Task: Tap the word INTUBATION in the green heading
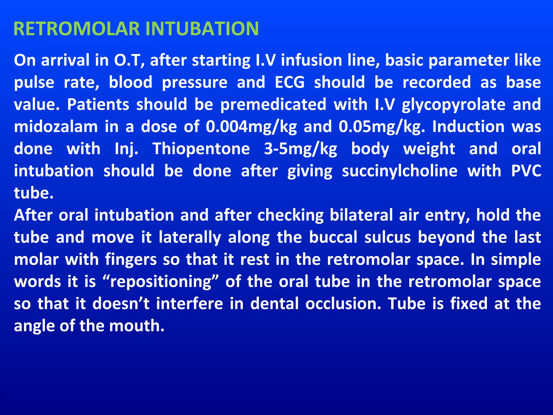click(x=202, y=29)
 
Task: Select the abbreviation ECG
click(x=290, y=82)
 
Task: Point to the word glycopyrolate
click(x=453, y=105)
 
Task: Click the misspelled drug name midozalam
click(x=56, y=127)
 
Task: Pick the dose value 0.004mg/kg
click(x=251, y=127)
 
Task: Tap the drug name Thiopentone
click(x=201, y=149)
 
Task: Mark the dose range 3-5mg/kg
click(x=301, y=149)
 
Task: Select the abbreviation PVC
click(x=526, y=171)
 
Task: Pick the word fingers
click(x=131, y=260)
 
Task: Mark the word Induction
click(x=468, y=127)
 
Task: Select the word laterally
click(x=190, y=237)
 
